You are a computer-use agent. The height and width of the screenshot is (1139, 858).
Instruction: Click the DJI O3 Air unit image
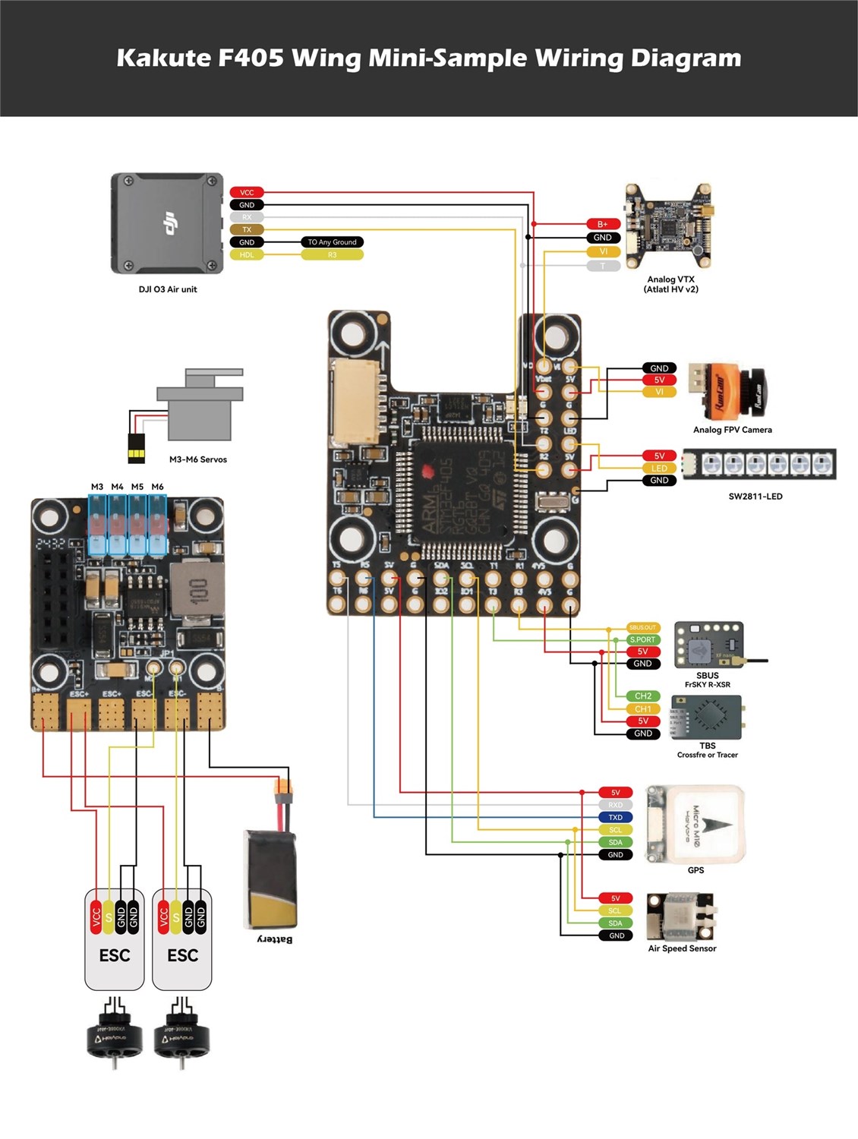167,223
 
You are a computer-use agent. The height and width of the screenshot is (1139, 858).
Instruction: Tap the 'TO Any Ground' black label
332,242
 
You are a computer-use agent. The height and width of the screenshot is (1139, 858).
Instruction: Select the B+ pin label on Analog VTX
603,224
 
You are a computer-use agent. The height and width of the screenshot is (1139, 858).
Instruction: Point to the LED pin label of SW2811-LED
659,469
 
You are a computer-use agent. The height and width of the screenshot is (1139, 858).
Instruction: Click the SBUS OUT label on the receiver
642,627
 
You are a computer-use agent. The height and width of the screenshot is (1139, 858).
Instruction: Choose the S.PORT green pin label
642,639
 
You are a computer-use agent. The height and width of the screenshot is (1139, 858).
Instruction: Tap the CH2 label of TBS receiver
642,696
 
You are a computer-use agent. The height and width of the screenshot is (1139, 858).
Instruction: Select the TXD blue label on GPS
615,817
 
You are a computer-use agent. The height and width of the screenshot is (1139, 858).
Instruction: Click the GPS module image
695,825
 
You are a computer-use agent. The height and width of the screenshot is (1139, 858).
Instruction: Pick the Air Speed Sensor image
680,916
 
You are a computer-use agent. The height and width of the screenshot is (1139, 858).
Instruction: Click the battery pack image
270,879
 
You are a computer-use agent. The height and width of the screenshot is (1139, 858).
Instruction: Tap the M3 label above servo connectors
97,487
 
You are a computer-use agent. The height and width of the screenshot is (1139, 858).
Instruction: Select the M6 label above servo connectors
157,487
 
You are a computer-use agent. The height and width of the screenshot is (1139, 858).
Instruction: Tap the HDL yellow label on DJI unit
247,255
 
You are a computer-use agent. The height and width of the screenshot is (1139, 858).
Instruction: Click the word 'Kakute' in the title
163,58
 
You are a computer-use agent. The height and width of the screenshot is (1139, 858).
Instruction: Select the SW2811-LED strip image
759,464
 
